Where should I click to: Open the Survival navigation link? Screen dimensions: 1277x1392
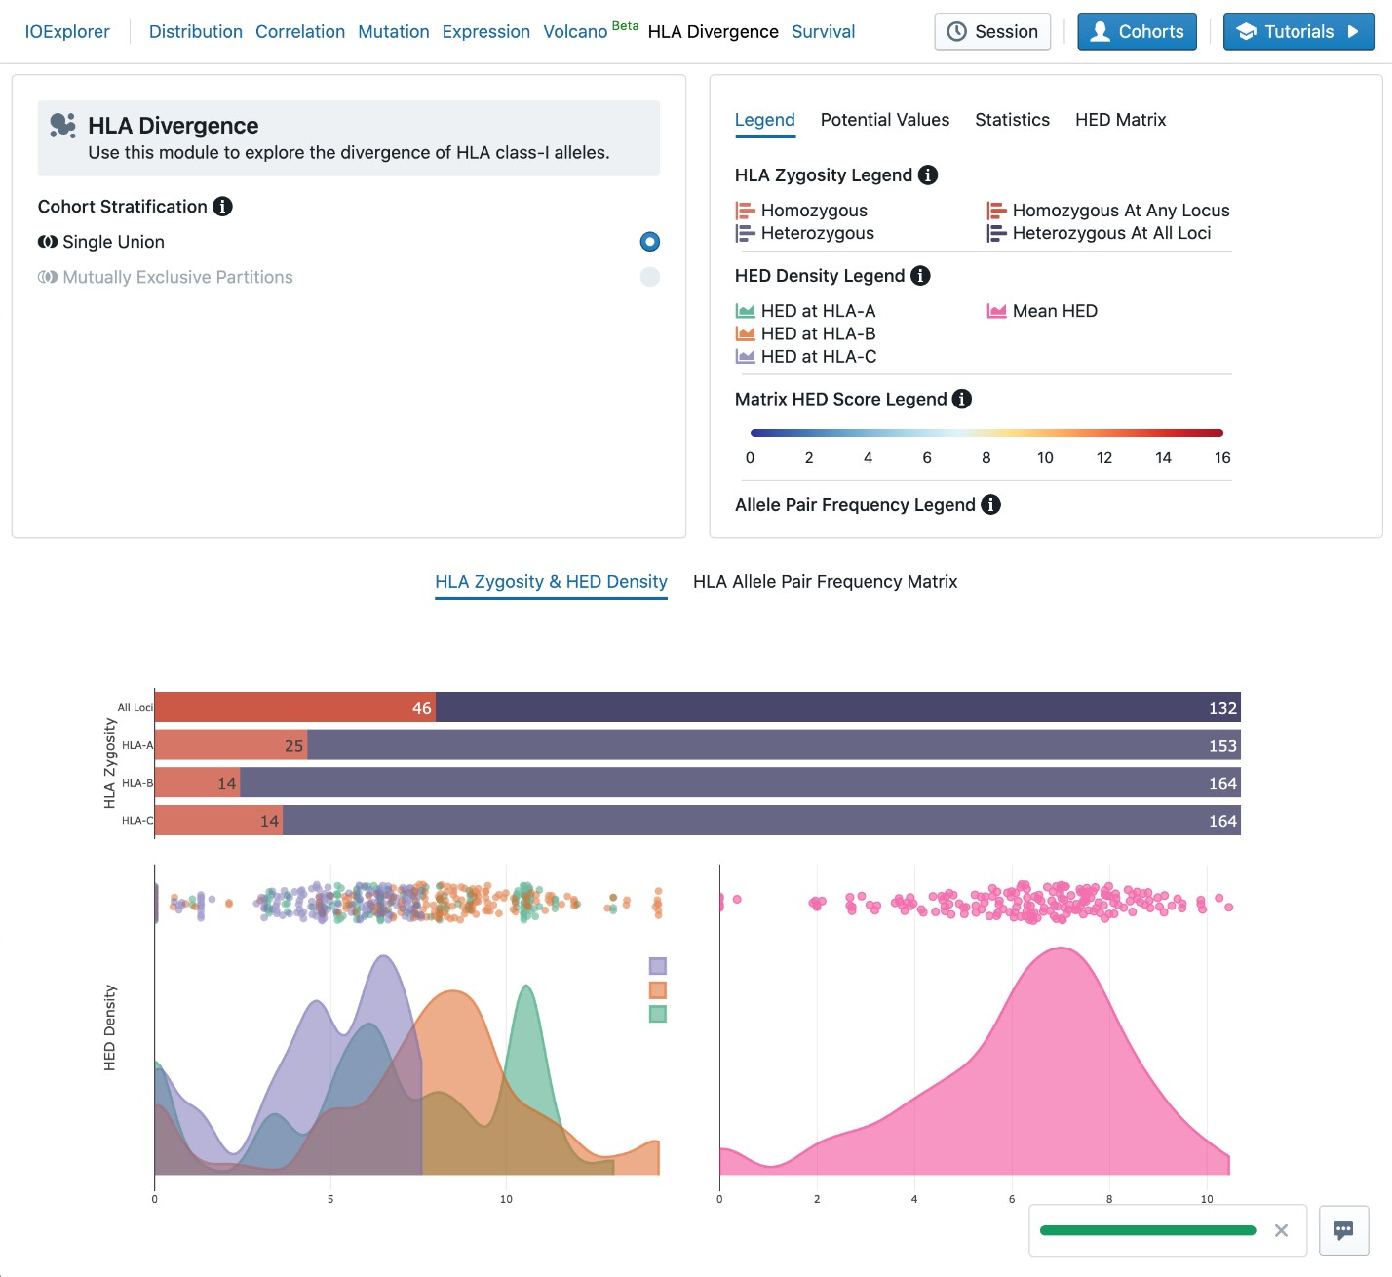tap(823, 32)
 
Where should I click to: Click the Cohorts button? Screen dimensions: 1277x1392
tap(1137, 32)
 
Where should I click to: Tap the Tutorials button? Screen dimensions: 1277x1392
tap(1298, 32)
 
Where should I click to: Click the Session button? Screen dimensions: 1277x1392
tap(992, 32)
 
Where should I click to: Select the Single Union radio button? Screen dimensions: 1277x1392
tap(650, 242)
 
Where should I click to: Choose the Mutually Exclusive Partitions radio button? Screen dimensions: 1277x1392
tap(650, 277)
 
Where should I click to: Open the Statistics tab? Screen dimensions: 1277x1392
tap(1012, 120)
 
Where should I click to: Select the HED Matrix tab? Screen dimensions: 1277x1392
tap(1120, 120)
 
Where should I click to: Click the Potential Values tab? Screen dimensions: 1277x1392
tap(884, 120)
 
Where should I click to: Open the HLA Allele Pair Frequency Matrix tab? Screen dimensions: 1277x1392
tap(825, 582)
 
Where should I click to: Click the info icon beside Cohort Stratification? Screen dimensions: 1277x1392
tap(222, 207)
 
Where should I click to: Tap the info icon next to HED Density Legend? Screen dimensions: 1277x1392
tap(920, 276)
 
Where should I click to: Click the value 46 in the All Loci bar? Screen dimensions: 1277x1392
tap(421, 708)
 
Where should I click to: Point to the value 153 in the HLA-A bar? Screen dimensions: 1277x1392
tap(1222, 746)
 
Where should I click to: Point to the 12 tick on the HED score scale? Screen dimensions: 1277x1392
tap(1104, 458)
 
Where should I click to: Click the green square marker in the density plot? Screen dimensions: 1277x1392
tap(658, 1014)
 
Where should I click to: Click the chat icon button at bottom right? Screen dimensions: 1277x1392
tap(1343, 1230)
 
